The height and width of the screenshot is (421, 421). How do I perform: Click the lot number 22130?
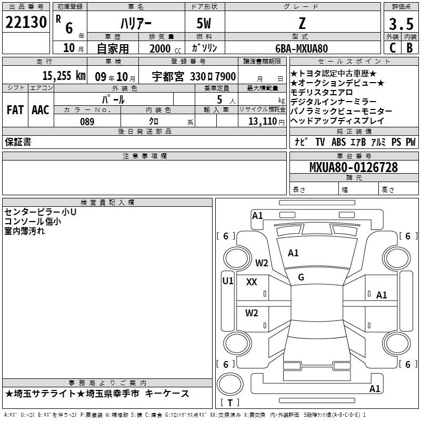(26, 22)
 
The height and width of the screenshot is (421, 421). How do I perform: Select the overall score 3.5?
(401, 24)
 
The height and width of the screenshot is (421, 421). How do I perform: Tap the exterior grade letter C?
(393, 48)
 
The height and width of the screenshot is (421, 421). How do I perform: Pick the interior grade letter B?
(410, 48)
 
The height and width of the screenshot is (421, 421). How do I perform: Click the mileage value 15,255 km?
(64, 76)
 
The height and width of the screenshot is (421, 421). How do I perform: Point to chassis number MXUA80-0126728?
(354, 167)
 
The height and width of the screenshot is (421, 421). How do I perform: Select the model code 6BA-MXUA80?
(302, 48)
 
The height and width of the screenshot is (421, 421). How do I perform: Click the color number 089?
(87, 122)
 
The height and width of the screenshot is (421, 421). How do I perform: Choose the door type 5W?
(204, 23)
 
